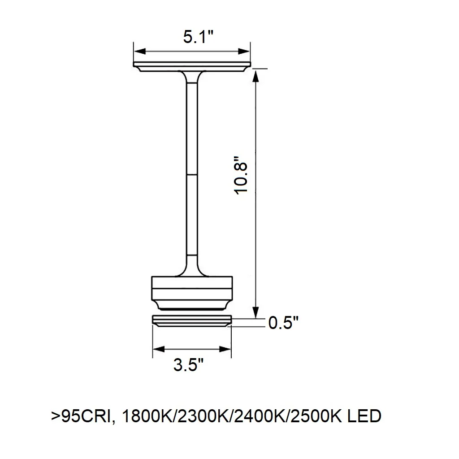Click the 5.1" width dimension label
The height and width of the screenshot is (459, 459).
point(198,37)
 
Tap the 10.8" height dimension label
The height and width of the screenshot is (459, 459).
point(241,175)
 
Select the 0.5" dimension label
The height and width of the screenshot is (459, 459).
point(283,323)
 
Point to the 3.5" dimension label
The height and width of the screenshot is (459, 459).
point(188,365)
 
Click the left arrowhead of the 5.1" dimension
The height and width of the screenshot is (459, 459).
point(140,52)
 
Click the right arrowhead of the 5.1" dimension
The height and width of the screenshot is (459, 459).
point(244,52)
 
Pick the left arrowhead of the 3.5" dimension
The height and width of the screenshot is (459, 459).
point(159,349)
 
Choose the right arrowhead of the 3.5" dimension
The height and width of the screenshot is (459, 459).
point(225,349)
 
